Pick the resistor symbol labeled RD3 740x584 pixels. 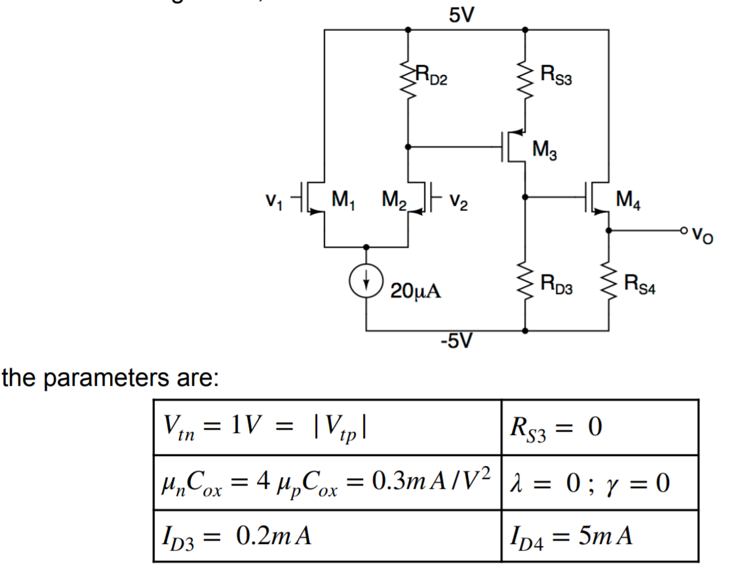coord(525,284)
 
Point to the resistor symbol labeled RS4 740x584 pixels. coord(609,284)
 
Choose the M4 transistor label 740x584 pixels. coord(631,197)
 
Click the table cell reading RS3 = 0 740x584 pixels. coord(599,427)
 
